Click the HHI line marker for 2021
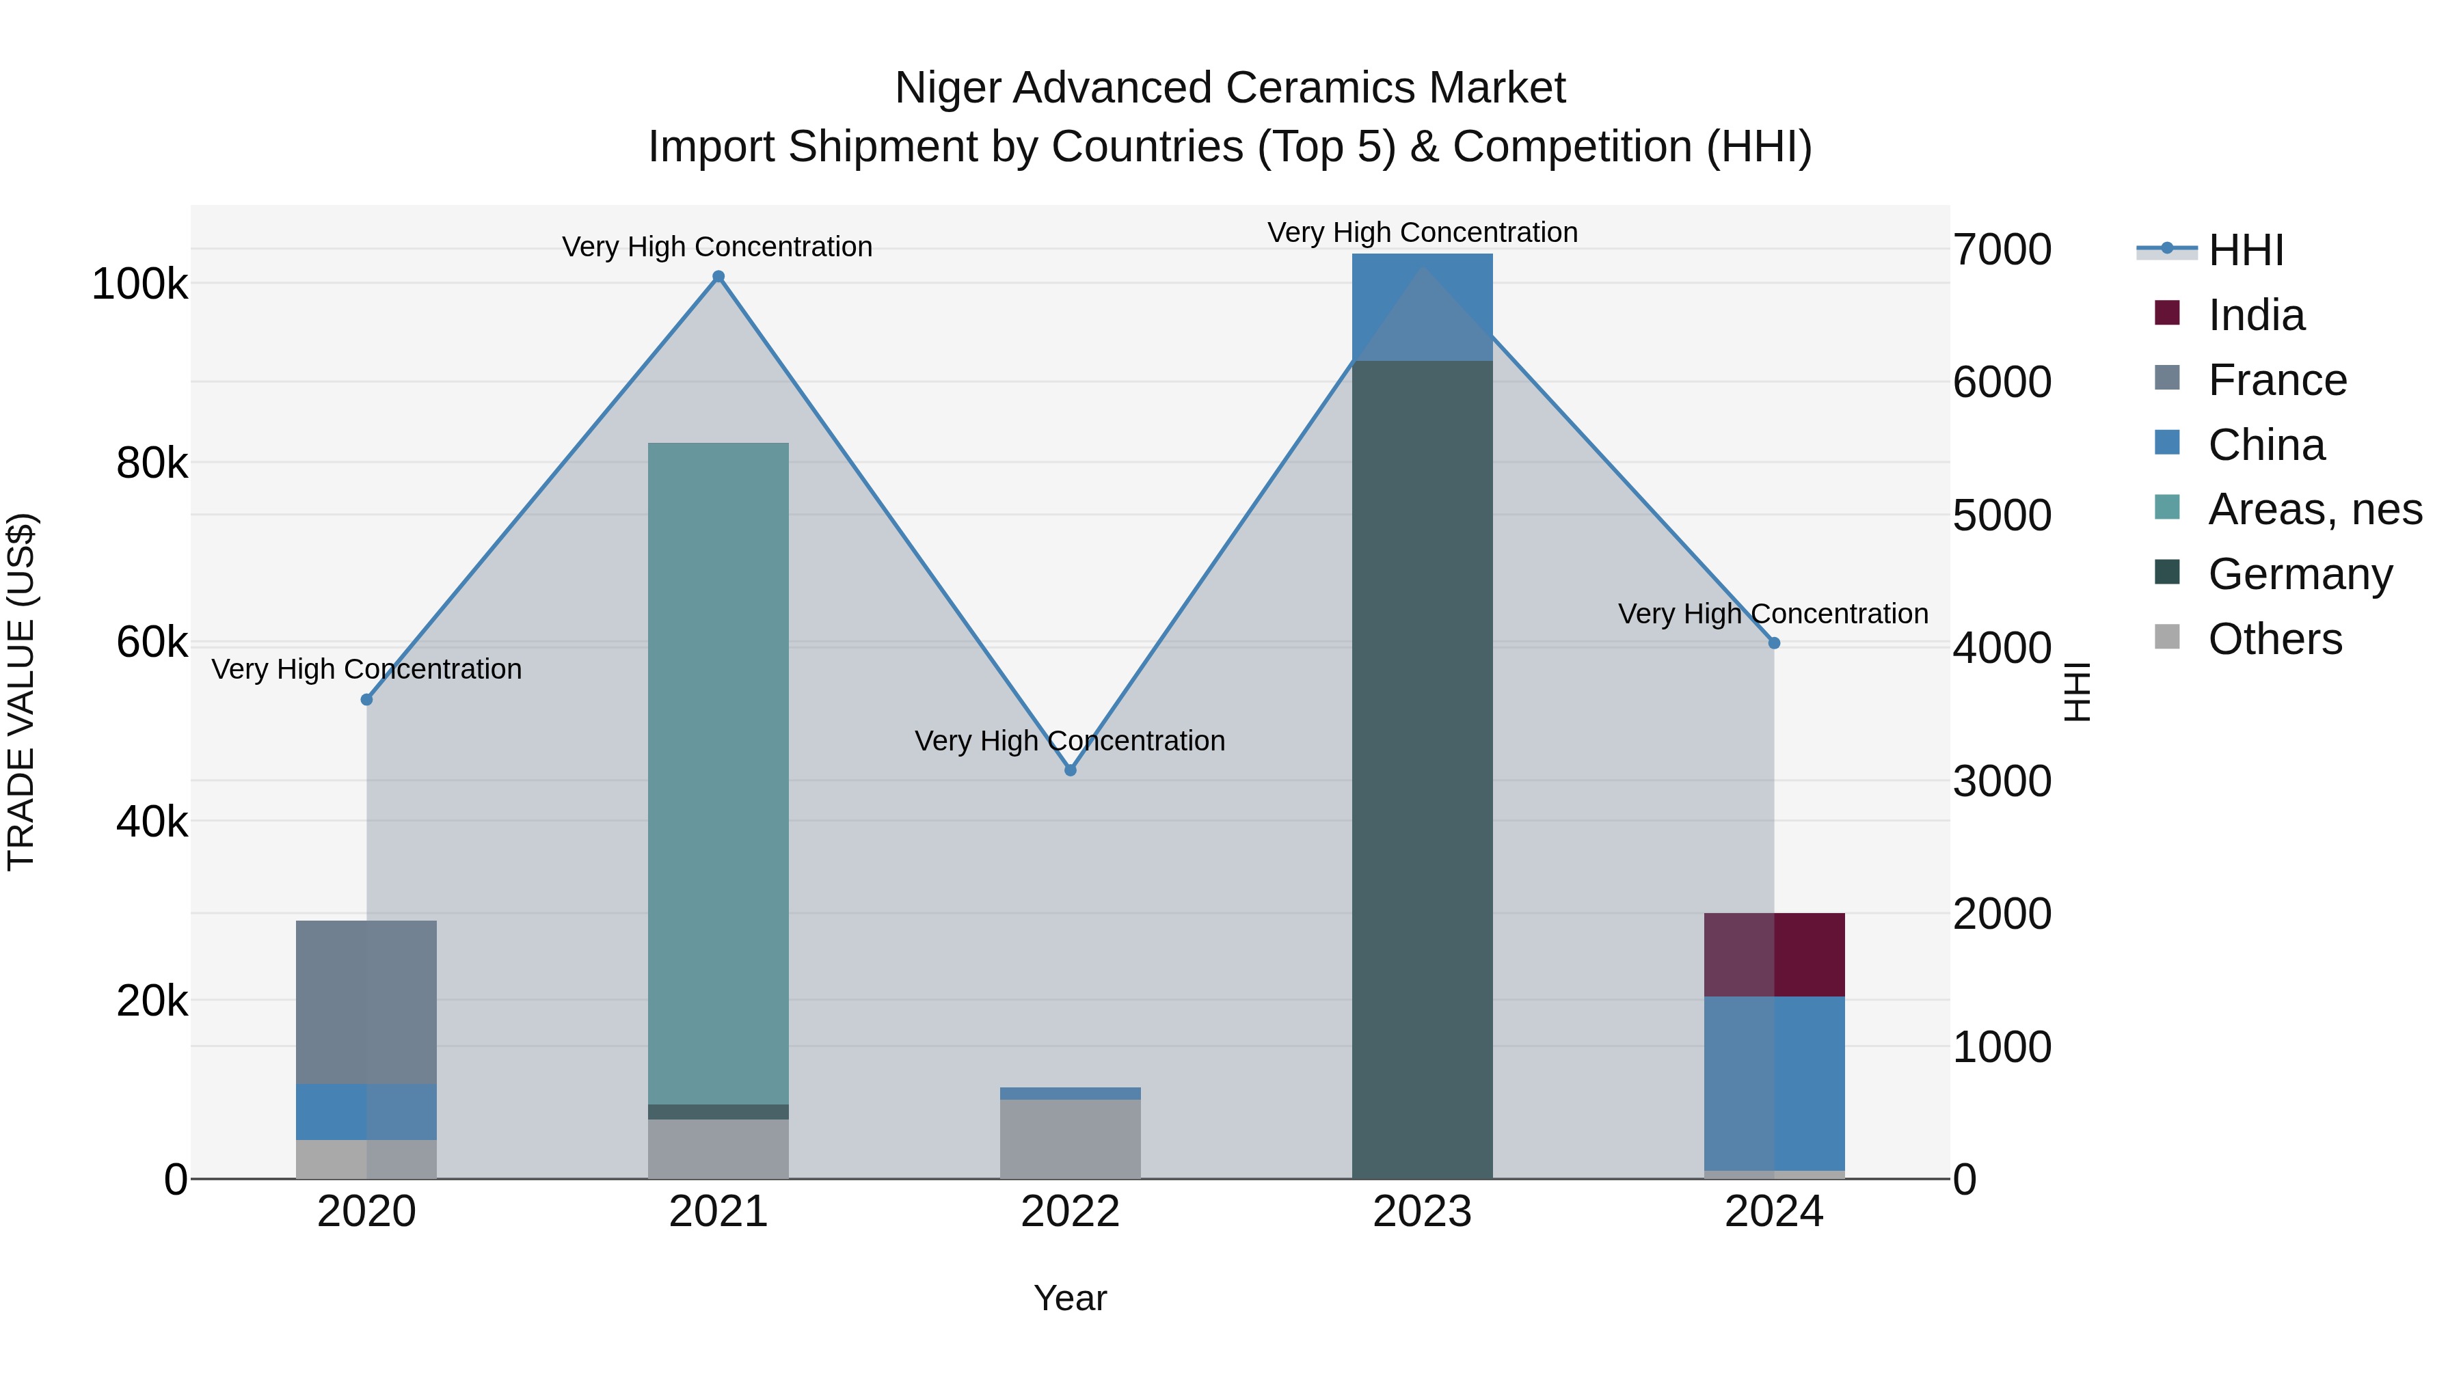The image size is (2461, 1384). [x=718, y=277]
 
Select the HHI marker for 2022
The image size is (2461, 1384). [x=1070, y=770]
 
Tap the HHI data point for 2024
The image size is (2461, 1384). [x=1774, y=643]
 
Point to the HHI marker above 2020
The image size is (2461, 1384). [x=367, y=699]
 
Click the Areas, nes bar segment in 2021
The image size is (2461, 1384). [x=718, y=774]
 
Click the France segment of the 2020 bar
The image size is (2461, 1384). [x=367, y=1002]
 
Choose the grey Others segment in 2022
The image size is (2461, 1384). [x=1070, y=1139]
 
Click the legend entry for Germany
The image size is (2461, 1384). [x=2300, y=574]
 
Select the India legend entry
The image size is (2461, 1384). [x=2256, y=315]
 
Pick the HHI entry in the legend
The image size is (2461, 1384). [x=2245, y=250]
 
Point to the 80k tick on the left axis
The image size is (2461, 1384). [x=151, y=463]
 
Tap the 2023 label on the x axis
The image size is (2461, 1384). [x=1422, y=1211]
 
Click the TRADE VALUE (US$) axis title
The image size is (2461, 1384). [x=21, y=692]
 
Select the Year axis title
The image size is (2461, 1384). [x=1070, y=1298]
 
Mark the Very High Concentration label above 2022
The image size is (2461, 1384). [x=1070, y=740]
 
